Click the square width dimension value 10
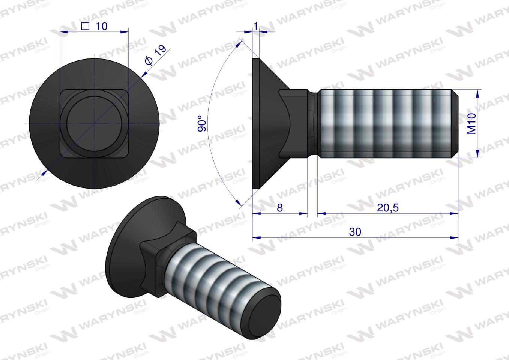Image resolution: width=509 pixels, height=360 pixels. pyautogui.click(x=101, y=26)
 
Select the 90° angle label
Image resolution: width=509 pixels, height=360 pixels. pyautogui.click(x=201, y=124)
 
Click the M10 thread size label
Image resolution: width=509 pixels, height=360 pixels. pyautogui.click(x=471, y=124)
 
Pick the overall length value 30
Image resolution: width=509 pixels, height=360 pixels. pyautogui.click(x=355, y=232)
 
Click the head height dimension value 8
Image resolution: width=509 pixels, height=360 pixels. pyautogui.click(x=279, y=208)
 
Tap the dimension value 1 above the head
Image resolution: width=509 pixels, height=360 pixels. pyautogui.click(x=256, y=26)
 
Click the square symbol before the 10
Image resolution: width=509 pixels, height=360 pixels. pyautogui.click(x=85, y=26)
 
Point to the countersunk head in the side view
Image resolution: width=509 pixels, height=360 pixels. pyautogui.click(x=266, y=124)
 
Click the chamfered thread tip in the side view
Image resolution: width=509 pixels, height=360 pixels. pyautogui.click(x=454, y=124)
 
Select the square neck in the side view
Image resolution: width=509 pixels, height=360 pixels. pyautogui.click(x=296, y=124)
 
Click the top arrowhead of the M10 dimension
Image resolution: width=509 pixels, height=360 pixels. pyautogui.click(x=477, y=92)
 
